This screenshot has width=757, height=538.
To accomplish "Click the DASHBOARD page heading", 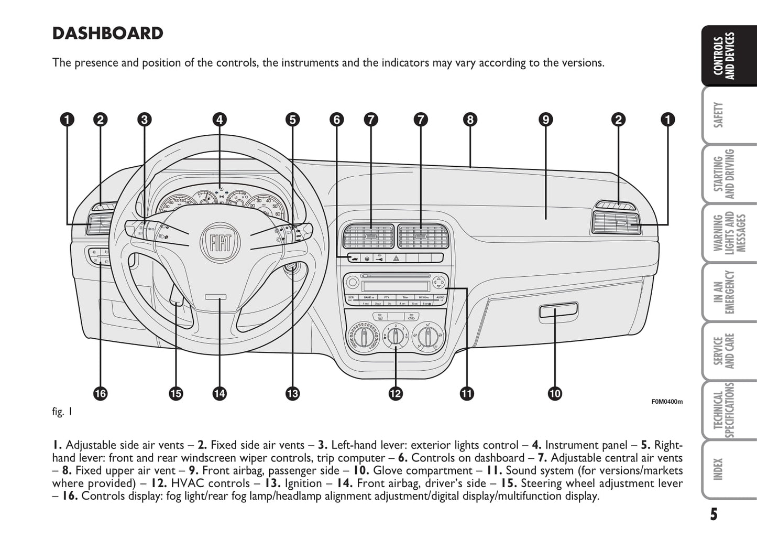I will coord(107,33).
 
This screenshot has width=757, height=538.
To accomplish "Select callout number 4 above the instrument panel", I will coord(220,120).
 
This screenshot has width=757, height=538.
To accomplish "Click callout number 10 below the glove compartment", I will coord(555,393).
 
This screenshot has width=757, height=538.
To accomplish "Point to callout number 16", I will coord(100,393).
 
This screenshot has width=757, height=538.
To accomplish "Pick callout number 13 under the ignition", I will coord(292,393).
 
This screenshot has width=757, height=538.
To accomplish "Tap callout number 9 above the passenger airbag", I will coord(545,120).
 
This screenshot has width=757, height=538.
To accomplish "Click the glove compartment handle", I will coord(558,311).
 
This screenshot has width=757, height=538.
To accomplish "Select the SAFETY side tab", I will coord(719,115).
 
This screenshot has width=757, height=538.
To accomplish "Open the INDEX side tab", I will coord(719,469).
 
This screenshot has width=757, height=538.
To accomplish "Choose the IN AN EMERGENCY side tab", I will coord(723,292).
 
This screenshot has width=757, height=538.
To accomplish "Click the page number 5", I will coord(714,514).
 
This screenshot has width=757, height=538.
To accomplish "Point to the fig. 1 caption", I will coord(62,412).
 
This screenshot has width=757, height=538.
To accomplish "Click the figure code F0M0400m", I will coord(667,402).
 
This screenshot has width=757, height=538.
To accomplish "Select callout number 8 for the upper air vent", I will coord(470,120).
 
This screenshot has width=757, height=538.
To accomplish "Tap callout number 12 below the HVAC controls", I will coord(396,393).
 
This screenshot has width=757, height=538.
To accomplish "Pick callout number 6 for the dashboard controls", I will coord(337,120).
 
